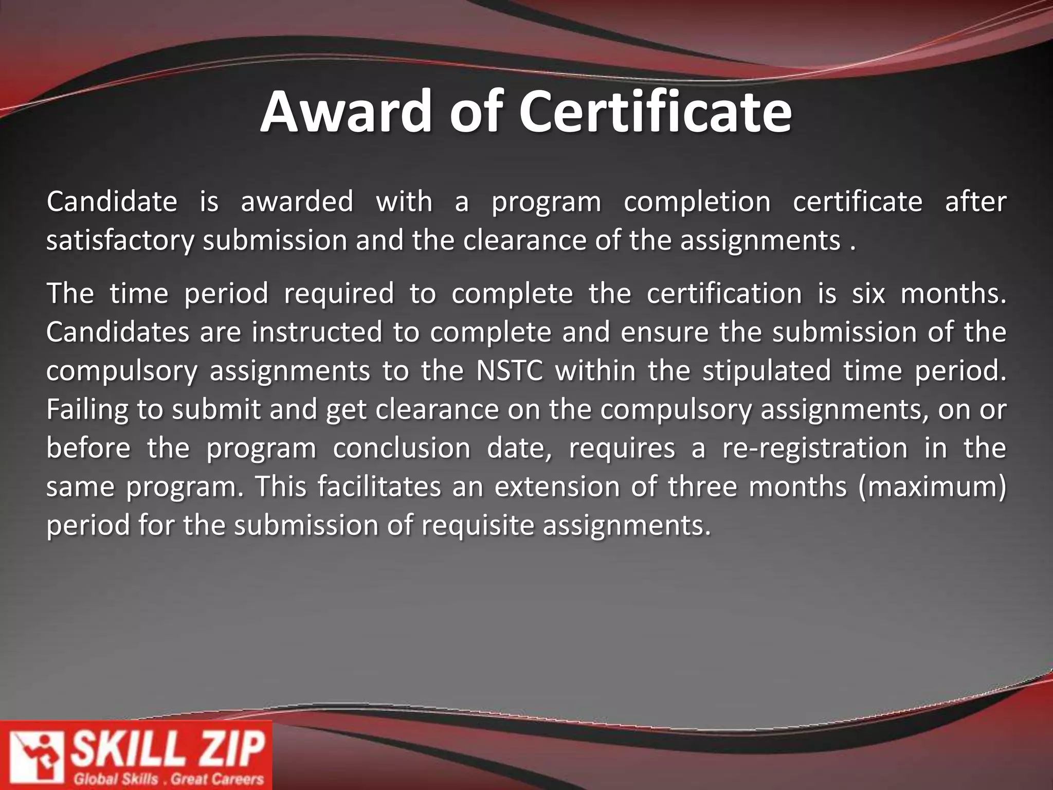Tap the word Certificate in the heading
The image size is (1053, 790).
click(655, 112)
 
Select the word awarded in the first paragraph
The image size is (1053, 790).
click(297, 201)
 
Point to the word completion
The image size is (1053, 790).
click(697, 202)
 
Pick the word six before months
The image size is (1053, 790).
click(868, 293)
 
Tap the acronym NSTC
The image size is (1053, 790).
click(510, 371)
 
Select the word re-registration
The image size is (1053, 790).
click(814, 448)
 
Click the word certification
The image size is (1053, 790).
click(724, 293)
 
